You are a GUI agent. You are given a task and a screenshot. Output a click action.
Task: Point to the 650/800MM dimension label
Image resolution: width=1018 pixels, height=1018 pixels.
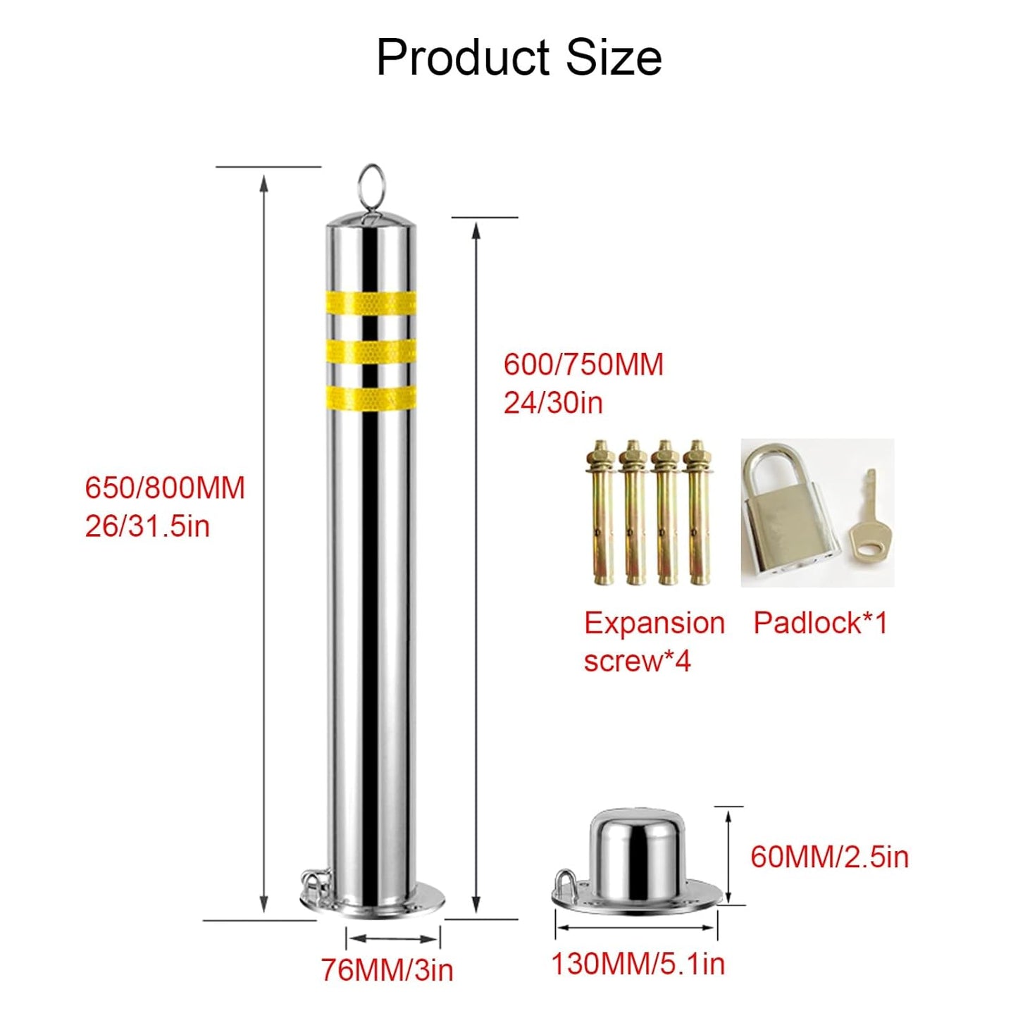pyautogui.click(x=165, y=488)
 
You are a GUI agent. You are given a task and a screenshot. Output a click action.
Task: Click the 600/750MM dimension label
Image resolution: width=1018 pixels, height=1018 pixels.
pyautogui.click(x=583, y=365)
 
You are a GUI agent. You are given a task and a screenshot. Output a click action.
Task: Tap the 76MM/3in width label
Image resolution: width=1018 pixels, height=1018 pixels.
pyautogui.click(x=387, y=970)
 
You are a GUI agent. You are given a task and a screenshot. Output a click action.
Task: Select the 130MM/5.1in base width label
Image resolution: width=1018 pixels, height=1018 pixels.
pyautogui.click(x=638, y=964)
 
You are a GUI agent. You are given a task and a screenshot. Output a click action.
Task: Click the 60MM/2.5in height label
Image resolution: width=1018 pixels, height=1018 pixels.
pyautogui.click(x=829, y=857)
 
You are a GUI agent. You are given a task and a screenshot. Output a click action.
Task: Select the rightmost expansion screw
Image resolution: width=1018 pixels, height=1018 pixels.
pyautogui.click(x=698, y=514)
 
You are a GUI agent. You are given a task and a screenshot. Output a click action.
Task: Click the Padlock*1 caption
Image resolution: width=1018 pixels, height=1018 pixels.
pyautogui.click(x=820, y=623)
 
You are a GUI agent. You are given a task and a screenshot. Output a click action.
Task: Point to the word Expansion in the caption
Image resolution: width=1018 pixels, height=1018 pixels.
pyautogui.click(x=654, y=623)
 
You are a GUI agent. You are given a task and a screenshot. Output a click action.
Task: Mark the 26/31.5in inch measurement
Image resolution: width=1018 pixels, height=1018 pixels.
pyautogui.click(x=147, y=526)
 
